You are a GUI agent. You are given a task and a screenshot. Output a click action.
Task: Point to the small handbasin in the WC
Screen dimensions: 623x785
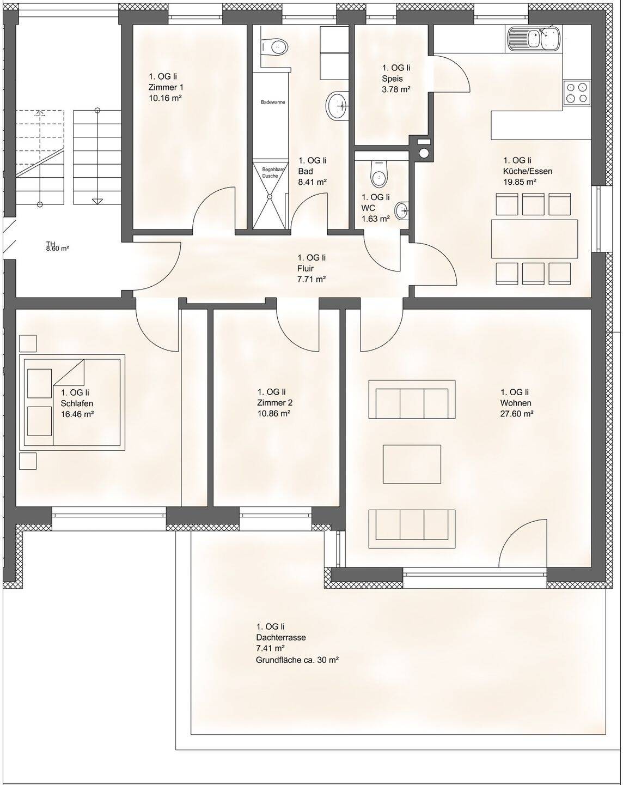pos(402,210)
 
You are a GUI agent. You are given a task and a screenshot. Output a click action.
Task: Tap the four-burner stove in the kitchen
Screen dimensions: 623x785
pos(577,93)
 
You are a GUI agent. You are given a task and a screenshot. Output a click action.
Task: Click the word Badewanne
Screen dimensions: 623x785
pos(273,102)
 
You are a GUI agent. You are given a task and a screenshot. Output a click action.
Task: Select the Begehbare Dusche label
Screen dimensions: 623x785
pos(270,173)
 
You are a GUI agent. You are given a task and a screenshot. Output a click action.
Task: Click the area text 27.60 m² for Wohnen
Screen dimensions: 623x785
pos(517,413)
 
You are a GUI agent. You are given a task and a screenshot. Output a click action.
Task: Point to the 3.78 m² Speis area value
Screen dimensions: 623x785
pos(396,89)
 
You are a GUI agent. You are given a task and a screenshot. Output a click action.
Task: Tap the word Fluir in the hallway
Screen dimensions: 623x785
pos(306,268)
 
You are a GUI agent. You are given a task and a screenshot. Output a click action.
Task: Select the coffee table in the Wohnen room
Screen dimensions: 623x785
pos(412,464)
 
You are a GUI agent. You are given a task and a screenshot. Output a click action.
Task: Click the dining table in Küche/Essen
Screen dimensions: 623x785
pos(534,238)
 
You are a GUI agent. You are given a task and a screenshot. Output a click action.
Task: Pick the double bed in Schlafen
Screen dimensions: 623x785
pos(72,402)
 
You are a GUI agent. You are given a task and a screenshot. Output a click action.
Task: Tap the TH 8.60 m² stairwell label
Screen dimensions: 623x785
pos(58,246)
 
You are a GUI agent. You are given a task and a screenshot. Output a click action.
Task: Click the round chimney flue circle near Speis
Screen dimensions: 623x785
pos(424,153)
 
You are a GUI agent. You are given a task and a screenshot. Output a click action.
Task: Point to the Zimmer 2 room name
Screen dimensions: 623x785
pos(275,403)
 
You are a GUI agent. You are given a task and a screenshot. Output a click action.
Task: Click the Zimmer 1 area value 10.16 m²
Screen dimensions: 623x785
pos(165,98)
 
